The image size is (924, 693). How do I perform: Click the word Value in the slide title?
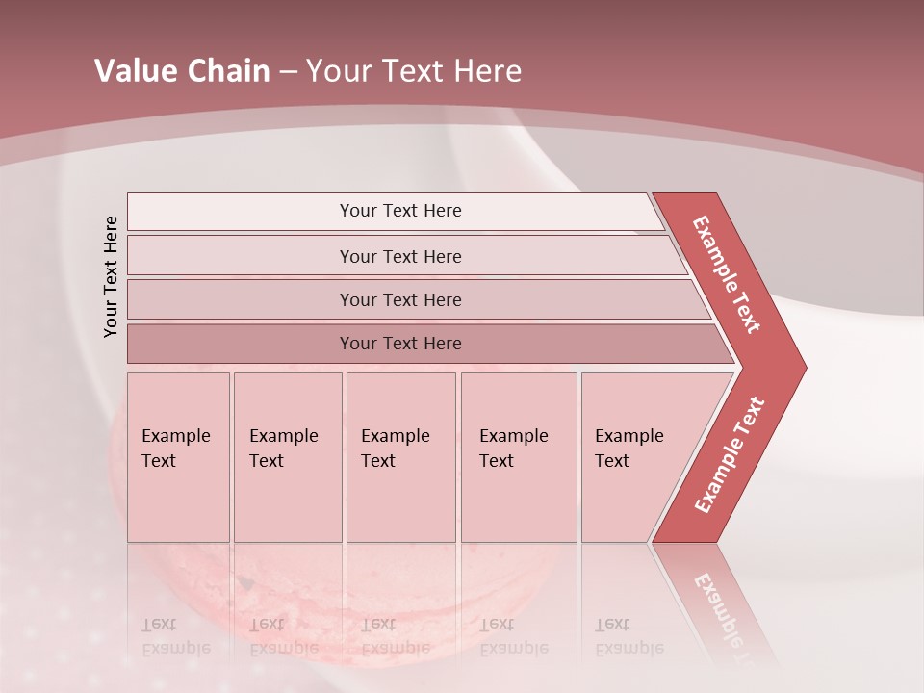[x=135, y=71]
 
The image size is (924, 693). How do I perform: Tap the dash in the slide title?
[x=288, y=72]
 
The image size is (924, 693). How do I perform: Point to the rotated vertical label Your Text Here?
[x=111, y=276]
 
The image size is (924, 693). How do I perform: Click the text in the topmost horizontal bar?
[x=400, y=211]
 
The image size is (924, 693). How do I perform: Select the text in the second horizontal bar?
[x=400, y=257]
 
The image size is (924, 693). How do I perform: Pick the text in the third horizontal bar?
[x=400, y=300]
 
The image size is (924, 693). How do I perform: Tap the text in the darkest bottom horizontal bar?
[x=400, y=344]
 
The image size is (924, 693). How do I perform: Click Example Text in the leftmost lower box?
[x=175, y=449]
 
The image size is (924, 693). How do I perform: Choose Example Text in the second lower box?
[x=283, y=449]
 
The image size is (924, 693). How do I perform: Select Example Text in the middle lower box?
[x=395, y=449]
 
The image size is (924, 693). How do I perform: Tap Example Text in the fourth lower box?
[x=513, y=449]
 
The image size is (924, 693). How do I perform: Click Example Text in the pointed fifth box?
[x=629, y=449]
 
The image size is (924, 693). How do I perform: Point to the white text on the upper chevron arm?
[x=727, y=274]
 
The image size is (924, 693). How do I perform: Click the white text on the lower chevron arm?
[x=729, y=455]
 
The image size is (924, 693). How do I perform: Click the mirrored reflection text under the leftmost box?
[x=175, y=636]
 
